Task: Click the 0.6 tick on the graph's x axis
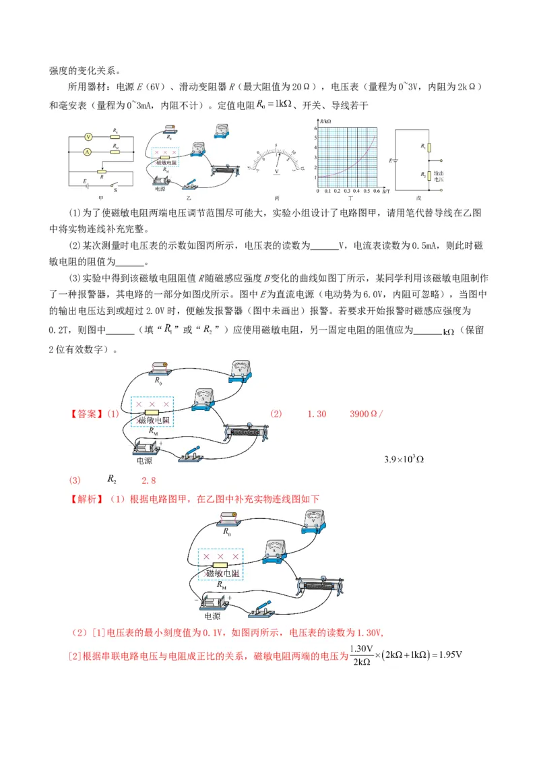[x=377, y=191]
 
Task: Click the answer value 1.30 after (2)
[x=317, y=414]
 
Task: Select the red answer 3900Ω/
[x=366, y=414]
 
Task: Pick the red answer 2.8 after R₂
[x=148, y=481]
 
